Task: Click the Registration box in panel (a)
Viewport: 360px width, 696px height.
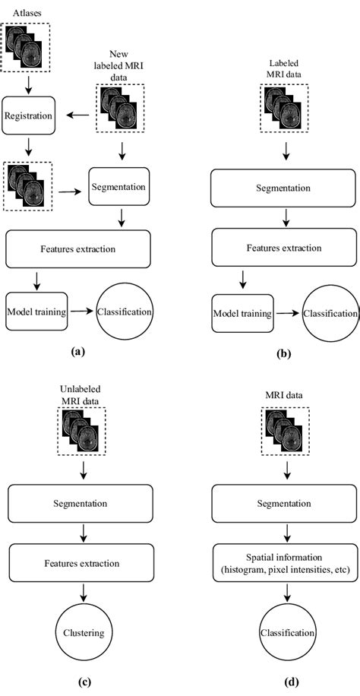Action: pos(28,118)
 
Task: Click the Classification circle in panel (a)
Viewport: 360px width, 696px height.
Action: pos(125,312)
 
